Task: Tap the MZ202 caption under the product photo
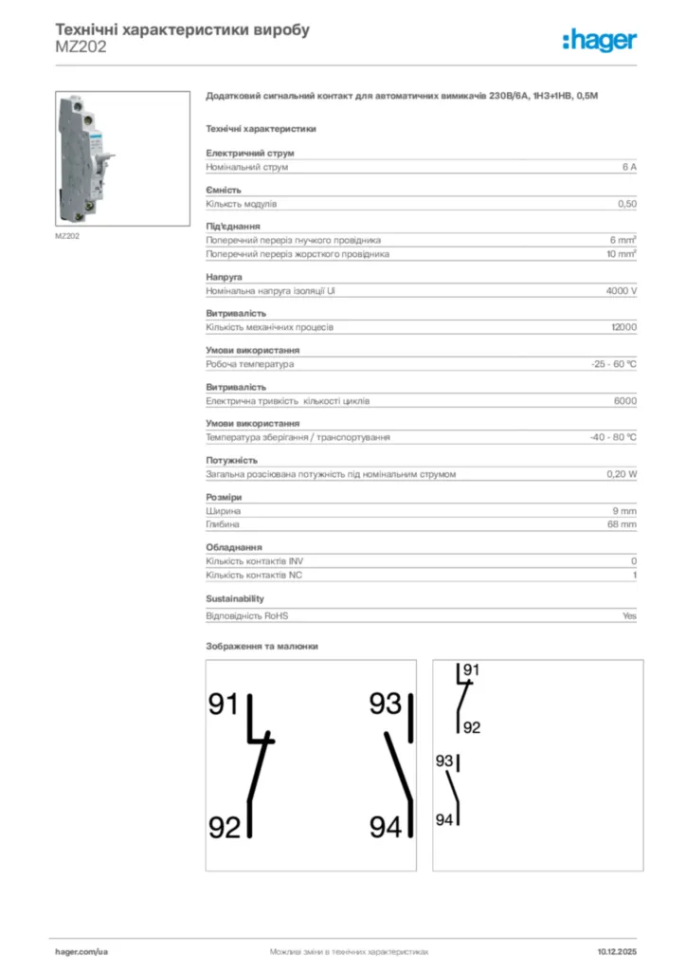[66, 236]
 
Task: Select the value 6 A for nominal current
[629, 167]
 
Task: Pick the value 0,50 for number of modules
[626, 204]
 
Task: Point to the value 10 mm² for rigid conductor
[622, 254]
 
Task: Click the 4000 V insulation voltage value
[621, 291]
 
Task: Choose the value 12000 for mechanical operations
[623, 327]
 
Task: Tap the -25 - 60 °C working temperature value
[613, 364]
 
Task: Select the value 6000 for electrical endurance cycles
[624, 401]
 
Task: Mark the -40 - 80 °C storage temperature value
[612, 437]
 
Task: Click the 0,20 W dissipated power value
[622, 474]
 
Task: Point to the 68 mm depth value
[622, 524]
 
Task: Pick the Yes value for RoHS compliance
[629, 615]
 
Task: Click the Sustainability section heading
[235, 599]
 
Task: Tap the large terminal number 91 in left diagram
[225, 705]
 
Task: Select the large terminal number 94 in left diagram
[386, 828]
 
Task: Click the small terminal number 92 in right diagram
[472, 728]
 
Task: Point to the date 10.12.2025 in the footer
[617, 950]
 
